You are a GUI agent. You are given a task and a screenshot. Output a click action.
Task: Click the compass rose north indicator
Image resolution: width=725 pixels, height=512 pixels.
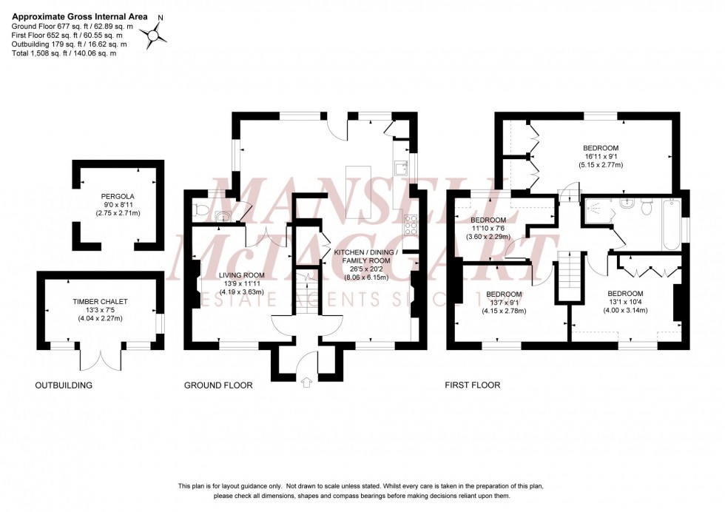point(155,33)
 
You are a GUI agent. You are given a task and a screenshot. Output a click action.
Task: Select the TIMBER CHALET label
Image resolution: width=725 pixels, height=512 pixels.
point(100,303)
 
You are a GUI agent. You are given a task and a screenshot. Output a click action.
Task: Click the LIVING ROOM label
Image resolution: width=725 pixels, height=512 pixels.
point(233,275)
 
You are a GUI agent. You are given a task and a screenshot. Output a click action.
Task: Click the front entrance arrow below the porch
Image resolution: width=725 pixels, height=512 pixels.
point(308,383)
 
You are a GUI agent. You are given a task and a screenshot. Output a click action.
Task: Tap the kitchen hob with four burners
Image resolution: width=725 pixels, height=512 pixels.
point(409,223)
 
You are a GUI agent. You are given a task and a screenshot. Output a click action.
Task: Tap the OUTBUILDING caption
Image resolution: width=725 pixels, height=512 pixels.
point(64,385)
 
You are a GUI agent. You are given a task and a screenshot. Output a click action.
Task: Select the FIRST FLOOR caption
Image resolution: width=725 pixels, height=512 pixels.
point(472,385)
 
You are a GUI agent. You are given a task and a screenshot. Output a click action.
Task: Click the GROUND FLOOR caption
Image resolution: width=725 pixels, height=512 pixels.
point(218,385)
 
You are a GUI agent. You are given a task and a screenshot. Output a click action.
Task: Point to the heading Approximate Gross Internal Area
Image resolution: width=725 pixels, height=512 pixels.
point(79,16)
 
